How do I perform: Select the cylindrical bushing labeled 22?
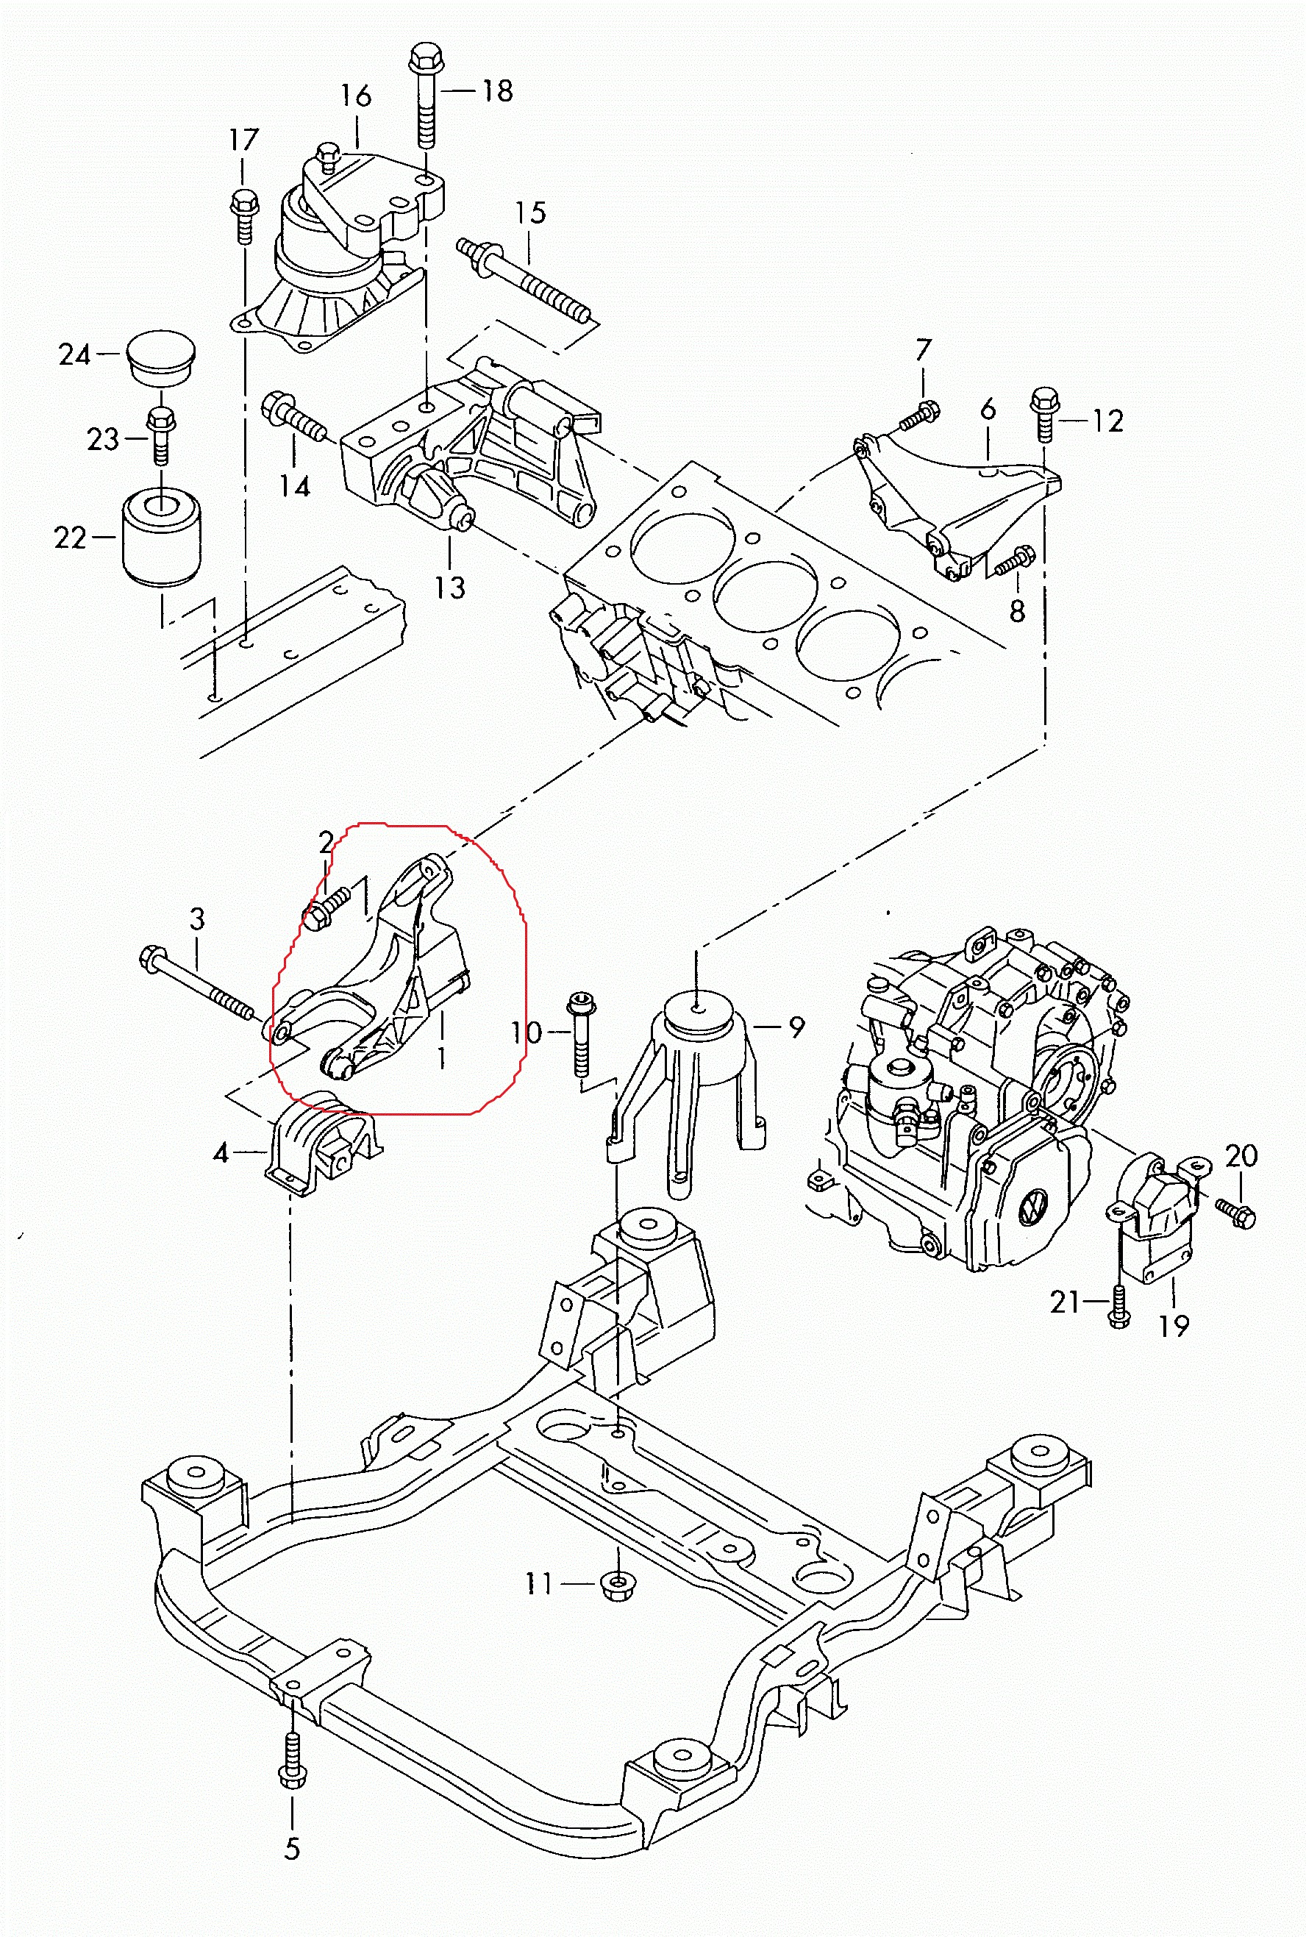click(x=161, y=537)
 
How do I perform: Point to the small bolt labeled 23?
click(x=161, y=435)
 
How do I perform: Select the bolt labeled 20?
click(x=1235, y=1213)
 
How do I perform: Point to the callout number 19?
click(x=1174, y=1325)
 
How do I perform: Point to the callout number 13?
click(x=450, y=587)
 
